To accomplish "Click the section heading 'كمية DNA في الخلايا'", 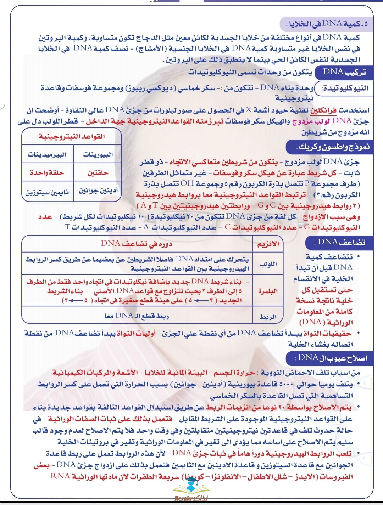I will pyautogui.click(x=328, y=24).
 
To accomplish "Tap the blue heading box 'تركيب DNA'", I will pyautogui.click(x=344, y=72).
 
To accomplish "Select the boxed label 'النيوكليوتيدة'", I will pyautogui.click(x=345, y=88).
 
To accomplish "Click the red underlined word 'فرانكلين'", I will pyautogui.click(x=323, y=110).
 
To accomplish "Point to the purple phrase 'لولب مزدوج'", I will pyautogui.click(x=311, y=121).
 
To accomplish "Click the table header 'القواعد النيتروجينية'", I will pyautogui.click(x=72, y=137).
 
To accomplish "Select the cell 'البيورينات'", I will pyautogui.click(x=98, y=154).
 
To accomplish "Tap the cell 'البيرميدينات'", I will pyautogui.click(x=48, y=154).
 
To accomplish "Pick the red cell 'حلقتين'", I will pyautogui.click(x=98, y=173).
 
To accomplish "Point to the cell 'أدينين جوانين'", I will pyautogui.click(x=98, y=191).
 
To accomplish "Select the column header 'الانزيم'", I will pyautogui.click(x=268, y=244).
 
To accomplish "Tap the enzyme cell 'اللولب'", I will pyautogui.click(x=268, y=264).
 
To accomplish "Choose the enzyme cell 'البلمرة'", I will pyautogui.click(x=268, y=291).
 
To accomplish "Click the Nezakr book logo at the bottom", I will pyautogui.click(x=191, y=489).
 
